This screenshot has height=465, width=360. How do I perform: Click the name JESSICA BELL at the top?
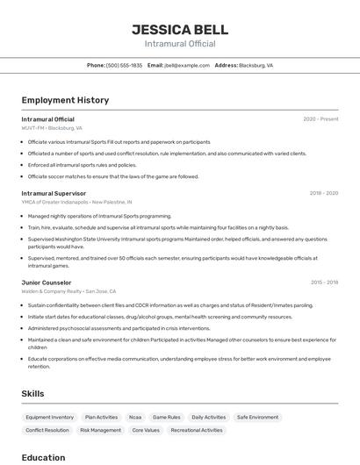point(179,29)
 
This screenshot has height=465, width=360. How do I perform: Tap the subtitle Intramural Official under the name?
point(179,44)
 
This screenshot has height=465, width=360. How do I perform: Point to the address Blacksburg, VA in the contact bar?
point(256,65)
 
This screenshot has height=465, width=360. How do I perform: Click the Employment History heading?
point(65,100)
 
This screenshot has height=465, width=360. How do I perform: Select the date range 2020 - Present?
point(320,119)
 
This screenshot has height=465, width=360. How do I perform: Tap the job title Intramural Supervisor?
point(54,193)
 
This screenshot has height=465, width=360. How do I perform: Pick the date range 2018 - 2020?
point(323,193)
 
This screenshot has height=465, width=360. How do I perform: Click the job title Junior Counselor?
point(47,283)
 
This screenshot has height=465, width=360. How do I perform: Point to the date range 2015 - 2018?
point(324,283)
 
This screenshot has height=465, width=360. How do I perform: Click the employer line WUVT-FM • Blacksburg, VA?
point(52,128)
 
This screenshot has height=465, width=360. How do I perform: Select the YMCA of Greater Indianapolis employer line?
point(71,202)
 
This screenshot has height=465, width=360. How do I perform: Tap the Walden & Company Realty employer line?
point(68,291)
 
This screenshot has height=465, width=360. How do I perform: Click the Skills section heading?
point(32,394)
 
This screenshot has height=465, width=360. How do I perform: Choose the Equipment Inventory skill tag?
point(50,418)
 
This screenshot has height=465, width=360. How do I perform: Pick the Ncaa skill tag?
point(134,418)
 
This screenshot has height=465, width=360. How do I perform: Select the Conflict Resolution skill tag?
point(47,431)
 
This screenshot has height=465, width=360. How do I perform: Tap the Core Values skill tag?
point(146,431)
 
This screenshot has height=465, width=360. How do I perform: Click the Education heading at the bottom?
point(43,457)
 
